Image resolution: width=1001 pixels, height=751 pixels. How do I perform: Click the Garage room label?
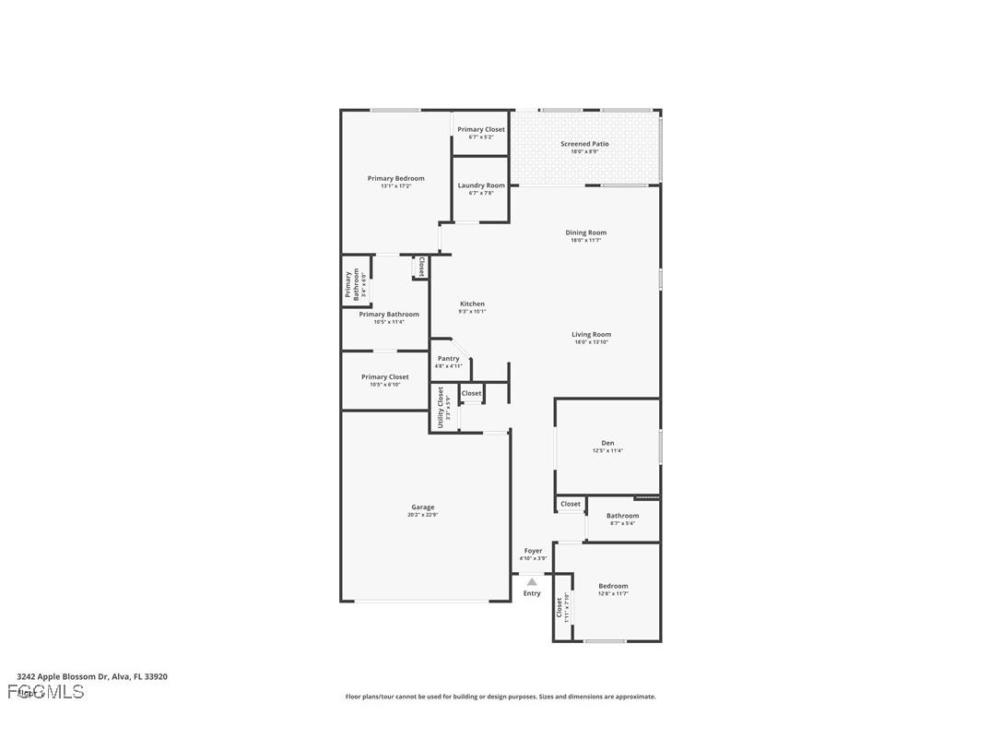pos(423,507)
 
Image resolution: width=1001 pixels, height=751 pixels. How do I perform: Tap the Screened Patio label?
pos(584,144)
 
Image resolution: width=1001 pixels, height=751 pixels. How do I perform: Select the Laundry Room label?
pos(481,185)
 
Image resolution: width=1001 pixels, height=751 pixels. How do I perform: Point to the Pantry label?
pos(448,358)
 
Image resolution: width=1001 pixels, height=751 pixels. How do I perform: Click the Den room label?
pos(607,443)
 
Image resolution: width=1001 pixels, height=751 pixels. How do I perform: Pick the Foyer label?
pos(533,551)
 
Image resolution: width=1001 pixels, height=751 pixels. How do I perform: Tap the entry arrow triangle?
pos(532,581)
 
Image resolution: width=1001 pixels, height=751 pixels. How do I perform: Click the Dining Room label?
pos(586,232)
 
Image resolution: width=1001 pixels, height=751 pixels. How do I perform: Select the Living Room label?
pos(591,335)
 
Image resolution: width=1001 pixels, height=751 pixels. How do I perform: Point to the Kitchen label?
pos(472,304)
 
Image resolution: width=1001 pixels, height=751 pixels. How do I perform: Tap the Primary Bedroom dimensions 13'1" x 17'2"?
pos(395,186)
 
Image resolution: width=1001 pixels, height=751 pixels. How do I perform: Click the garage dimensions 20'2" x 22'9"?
pos(423,515)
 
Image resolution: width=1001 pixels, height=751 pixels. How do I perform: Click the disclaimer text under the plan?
pos(500,697)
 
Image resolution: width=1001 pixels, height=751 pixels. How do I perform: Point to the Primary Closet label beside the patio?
pos(481,129)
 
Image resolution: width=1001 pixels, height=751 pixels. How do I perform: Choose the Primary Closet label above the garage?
pos(384,376)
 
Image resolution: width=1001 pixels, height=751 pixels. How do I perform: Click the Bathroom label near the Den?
pos(622,516)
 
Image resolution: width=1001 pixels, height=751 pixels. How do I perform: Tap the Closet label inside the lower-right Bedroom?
pos(559,608)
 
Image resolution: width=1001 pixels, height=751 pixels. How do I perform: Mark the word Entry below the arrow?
pos(532,593)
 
